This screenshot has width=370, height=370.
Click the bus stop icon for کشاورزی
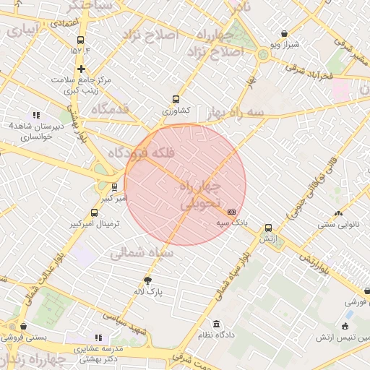[176, 100]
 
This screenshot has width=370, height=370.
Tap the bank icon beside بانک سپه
[231, 212]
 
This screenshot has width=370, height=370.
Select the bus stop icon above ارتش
[269, 227]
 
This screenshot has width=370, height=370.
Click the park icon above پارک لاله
[149, 281]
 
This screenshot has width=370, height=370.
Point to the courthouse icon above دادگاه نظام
[216, 323]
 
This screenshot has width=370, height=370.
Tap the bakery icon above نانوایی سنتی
[338, 213]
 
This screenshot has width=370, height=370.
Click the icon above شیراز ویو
[284, 33]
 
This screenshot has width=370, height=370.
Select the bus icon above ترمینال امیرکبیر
[94, 212]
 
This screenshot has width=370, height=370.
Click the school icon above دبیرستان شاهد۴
[36, 115]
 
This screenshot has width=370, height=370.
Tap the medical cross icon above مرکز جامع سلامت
[82, 69]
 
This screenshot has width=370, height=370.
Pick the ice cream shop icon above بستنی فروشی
[24, 326]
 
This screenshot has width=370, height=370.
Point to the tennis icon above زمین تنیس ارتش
[349, 316]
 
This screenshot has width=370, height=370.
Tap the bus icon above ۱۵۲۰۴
[79, 40]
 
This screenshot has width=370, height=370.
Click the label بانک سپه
[232, 223]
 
